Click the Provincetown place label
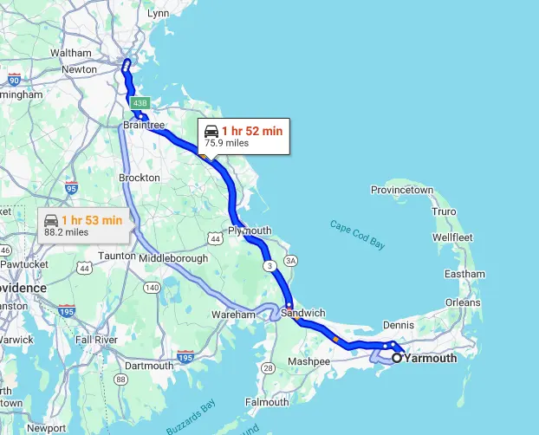click(x=401, y=190)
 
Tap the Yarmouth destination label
click(x=431, y=357)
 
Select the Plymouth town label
click(x=250, y=230)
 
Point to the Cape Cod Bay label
click(x=357, y=237)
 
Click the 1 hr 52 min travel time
click(x=252, y=131)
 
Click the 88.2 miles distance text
click(x=67, y=232)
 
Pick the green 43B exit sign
click(x=140, y=104)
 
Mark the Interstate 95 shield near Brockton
click(x=71, y=188)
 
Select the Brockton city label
click(x=140, y=178)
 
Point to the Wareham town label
click(x=234, y=315)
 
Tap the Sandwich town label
click(x=304, y=313)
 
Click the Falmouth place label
click(x=267, y=402)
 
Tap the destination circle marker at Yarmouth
click(x=397, y=357)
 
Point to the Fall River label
click(x=95, y=340)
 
